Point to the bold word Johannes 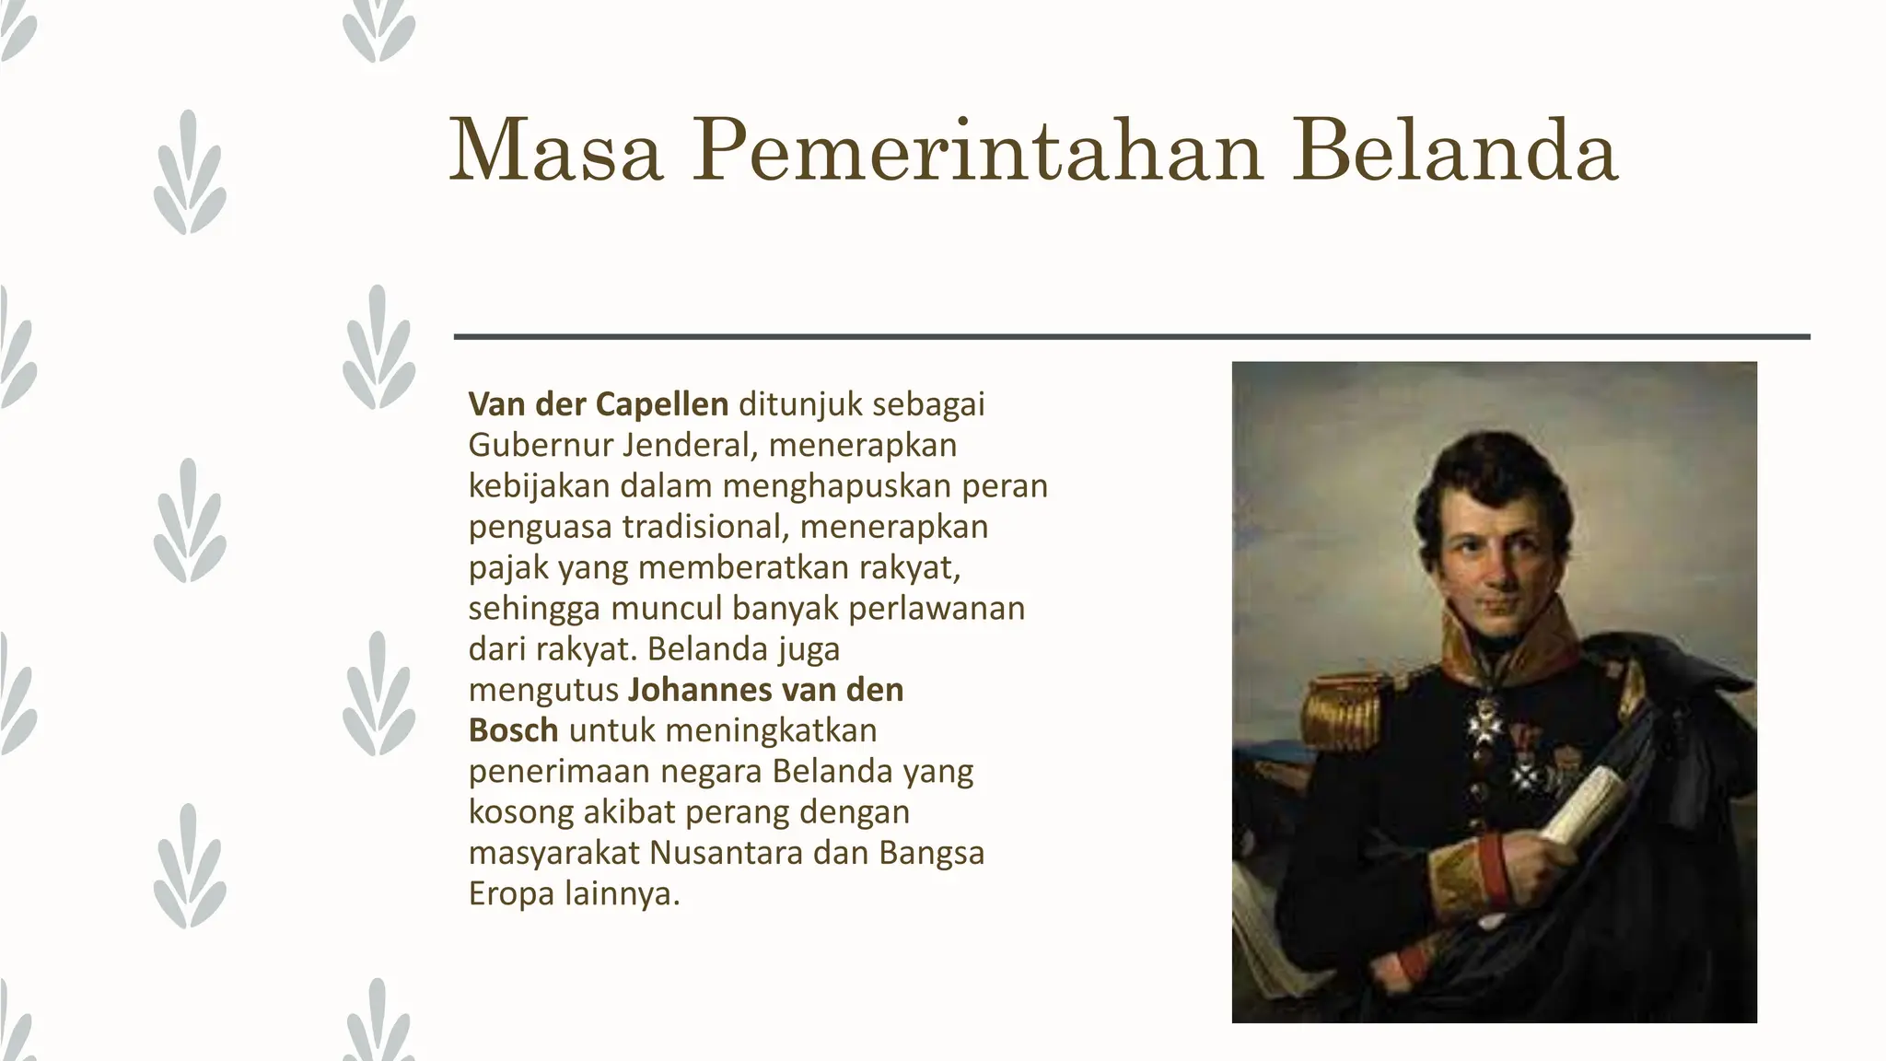[x=702, y=690]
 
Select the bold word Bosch [x=513, y=730]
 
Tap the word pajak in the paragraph [x=508, y=568]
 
